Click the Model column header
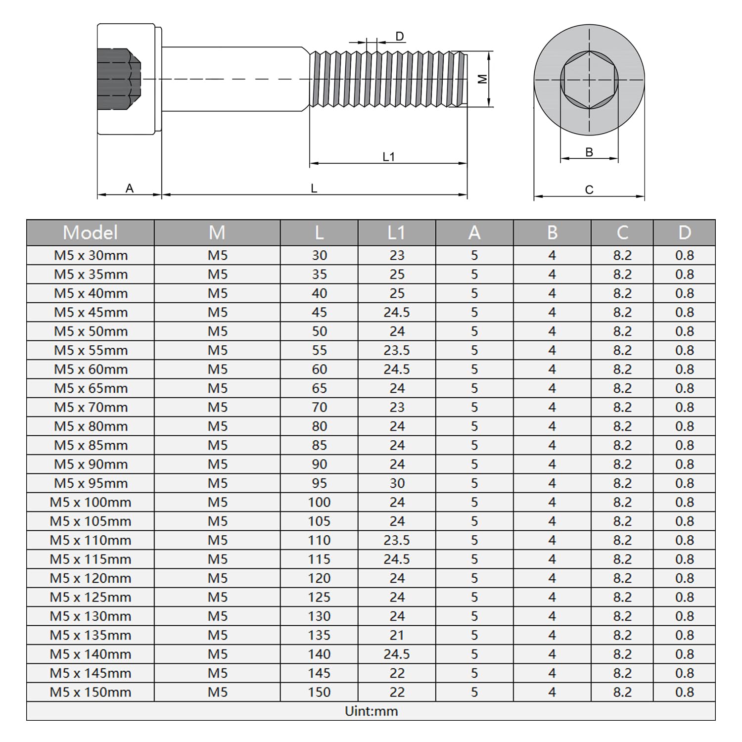(x=90, y=232)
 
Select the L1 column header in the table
(x=397, y=232)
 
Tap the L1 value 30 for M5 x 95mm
(x=397, y=483)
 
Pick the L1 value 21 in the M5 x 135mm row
(x=397, y=635)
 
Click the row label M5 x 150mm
(x=91, y=692)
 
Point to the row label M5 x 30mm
(x=91, y=255)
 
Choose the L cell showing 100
(x=319, y=502)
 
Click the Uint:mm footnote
(x=371, y=711)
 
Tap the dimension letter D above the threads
(x=400, y=36)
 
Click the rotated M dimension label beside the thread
(x=483, y=79)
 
